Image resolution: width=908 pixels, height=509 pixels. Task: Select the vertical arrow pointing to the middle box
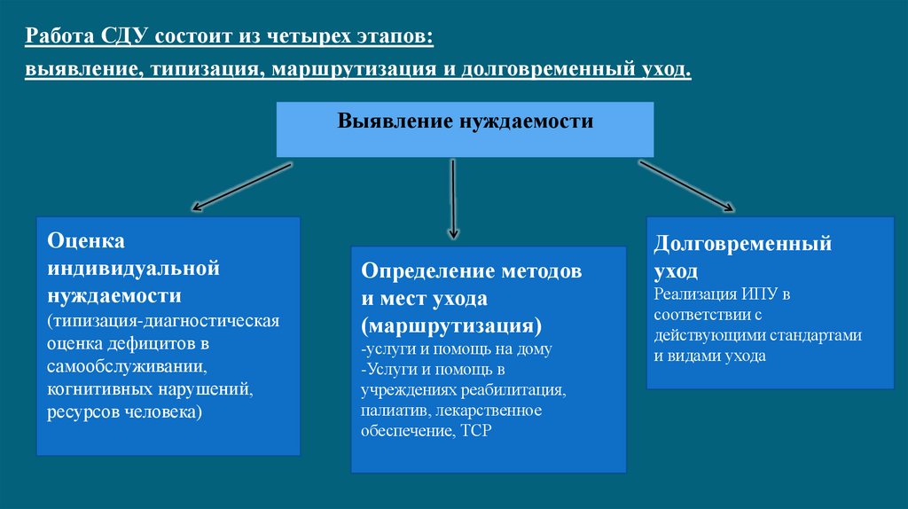coord(453,199)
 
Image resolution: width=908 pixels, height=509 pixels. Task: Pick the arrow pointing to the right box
coord(686,185)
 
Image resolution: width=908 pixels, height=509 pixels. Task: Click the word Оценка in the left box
coord(86,240)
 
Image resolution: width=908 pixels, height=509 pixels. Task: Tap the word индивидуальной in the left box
coord(133,267)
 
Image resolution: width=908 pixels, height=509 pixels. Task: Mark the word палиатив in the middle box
coord(391,411)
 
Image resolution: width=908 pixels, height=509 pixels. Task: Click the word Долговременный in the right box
coord(742,243)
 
